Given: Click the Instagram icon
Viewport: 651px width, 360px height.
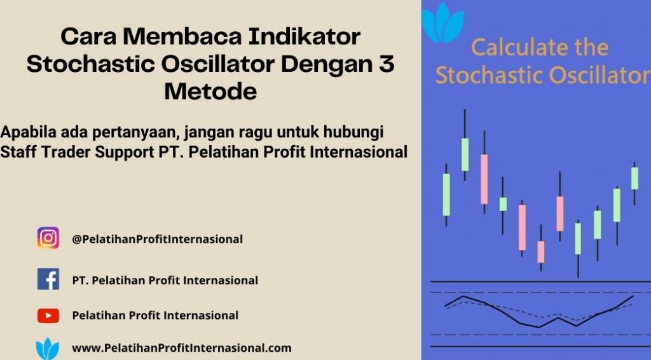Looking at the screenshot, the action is (x=48, y=238).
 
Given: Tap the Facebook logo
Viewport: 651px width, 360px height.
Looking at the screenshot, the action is (x=48, y=279).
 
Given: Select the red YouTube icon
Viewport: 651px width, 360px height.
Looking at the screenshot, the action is (x=48, y=315).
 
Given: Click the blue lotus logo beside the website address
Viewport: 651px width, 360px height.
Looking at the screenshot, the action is (x=47, y=349).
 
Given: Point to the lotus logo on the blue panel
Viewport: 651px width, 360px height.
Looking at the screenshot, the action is (x=442, y=22).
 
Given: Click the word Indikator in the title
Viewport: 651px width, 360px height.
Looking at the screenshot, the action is (x=305, y=36).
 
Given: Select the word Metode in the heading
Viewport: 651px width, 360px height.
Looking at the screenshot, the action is (x=210, y=92).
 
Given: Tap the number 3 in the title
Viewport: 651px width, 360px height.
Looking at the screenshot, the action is (x=387, y=64).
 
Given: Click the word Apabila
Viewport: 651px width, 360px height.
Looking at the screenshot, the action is (x=28, y=133).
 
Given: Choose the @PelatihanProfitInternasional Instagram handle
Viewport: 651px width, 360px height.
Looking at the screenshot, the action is (x=158, y=239).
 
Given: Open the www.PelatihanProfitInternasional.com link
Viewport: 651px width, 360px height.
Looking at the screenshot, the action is (x=182, y=348).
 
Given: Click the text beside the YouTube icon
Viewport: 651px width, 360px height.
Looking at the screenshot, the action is (x=155, y=315).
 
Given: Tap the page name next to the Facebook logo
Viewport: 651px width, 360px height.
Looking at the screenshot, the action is (x=165, y=280).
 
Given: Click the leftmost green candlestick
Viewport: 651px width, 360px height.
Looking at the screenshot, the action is (x=446, y=195).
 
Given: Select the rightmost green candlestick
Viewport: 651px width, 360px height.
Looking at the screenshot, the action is (x=634, y=178).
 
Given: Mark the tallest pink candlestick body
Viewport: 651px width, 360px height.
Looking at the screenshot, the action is (x=484, y=179).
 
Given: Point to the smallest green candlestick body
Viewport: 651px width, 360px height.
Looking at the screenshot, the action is (x=503, y=204).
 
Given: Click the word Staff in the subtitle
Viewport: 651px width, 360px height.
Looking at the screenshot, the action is (x=18, y=152).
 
